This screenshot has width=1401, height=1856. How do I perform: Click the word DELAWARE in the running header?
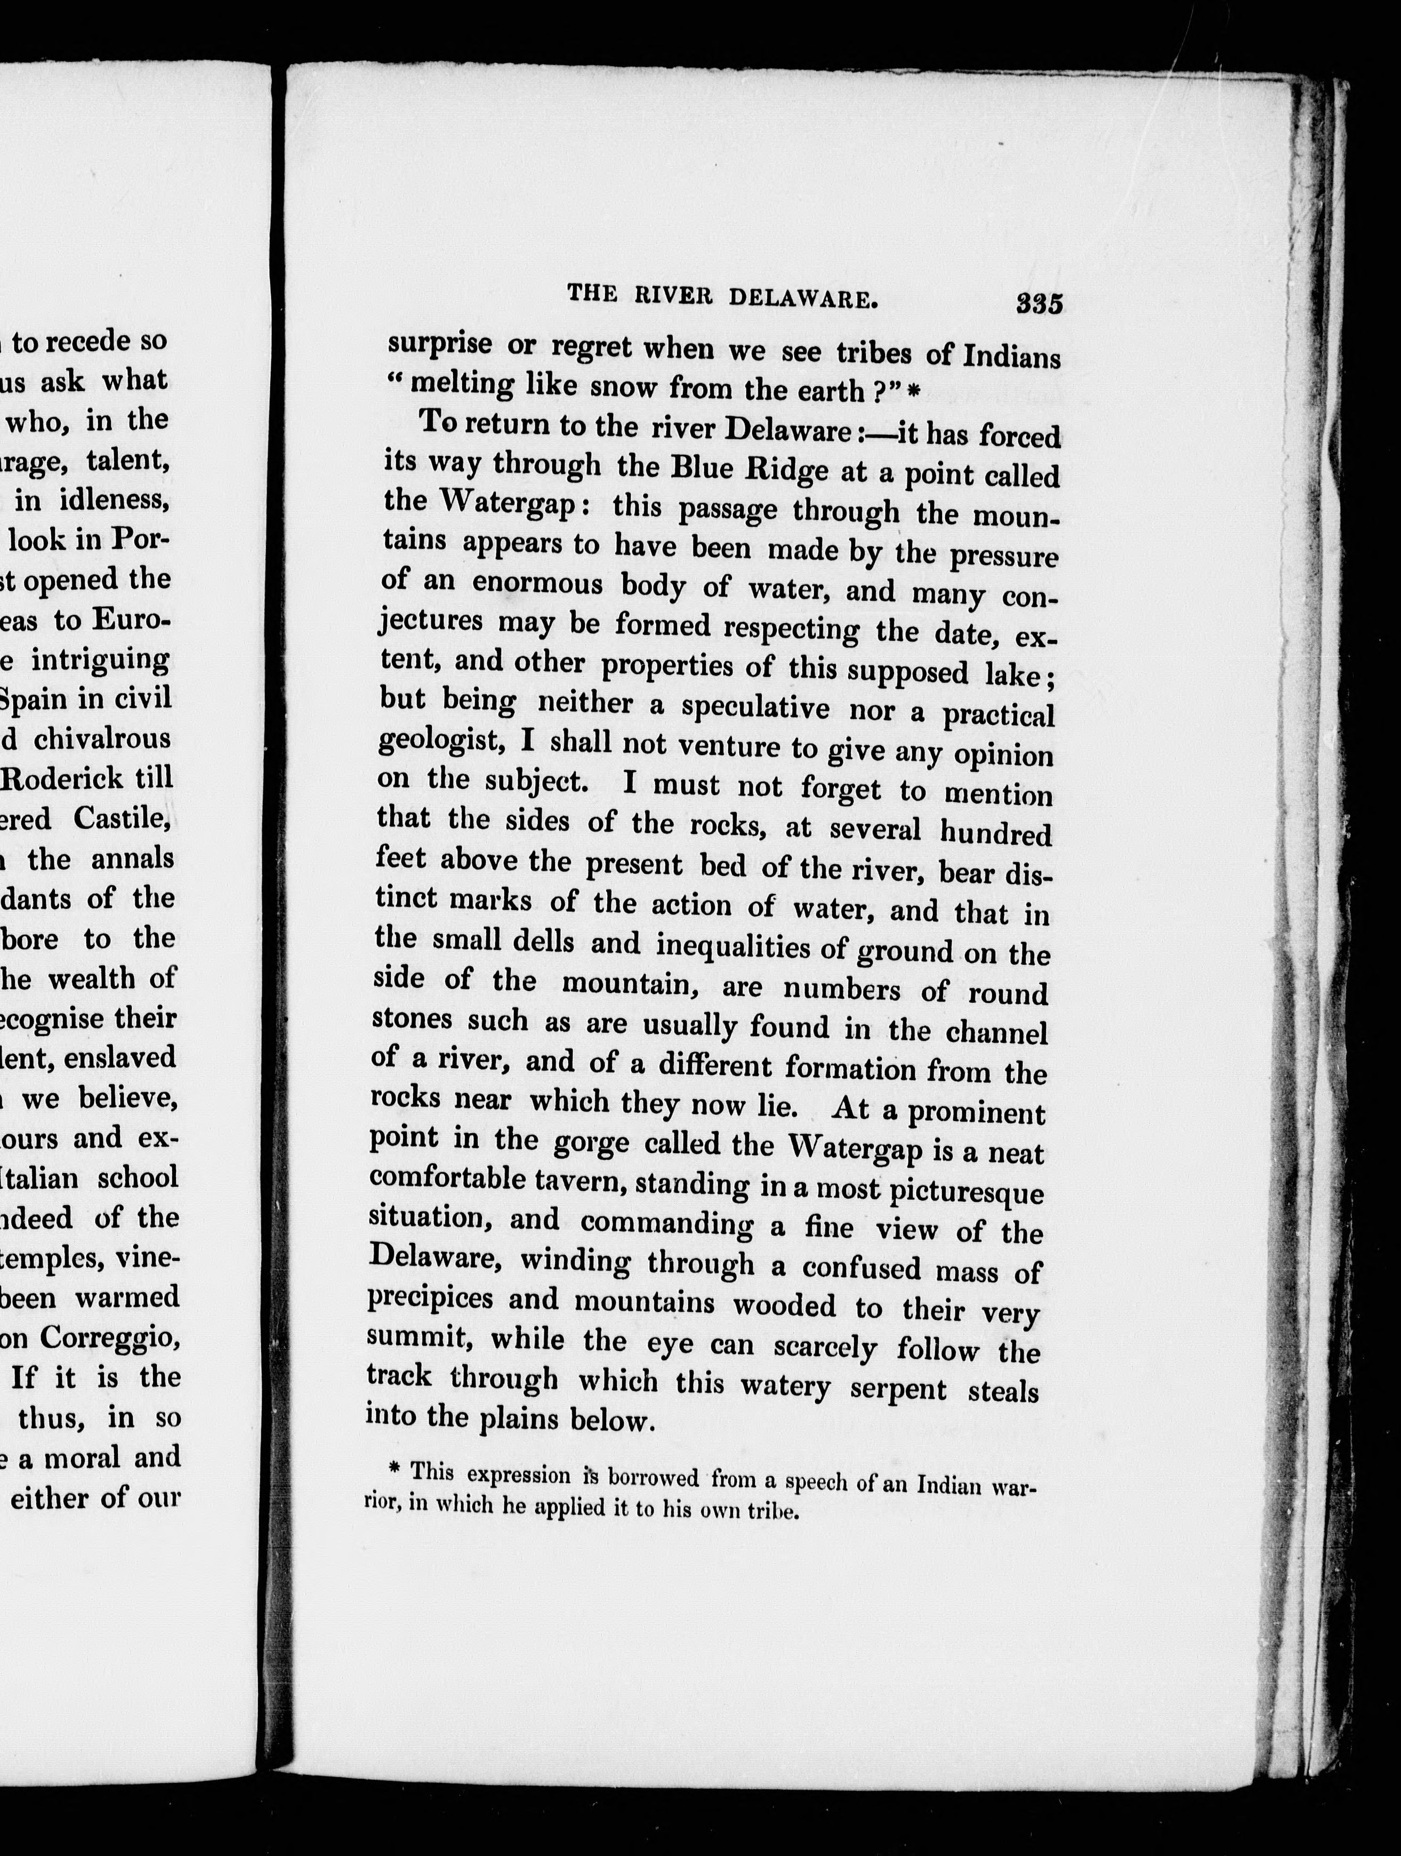(802, 298)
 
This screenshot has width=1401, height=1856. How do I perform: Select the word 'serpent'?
(898, 1389)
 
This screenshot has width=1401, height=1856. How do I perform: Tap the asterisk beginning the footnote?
(392, 1470)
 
